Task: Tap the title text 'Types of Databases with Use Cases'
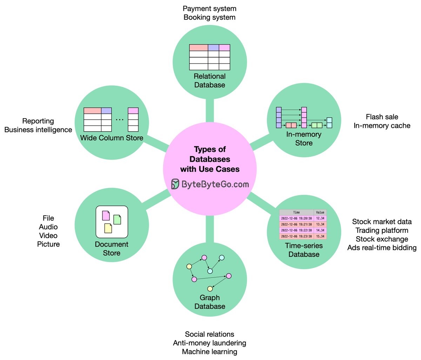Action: point(210,159)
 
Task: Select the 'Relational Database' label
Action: point(210,81)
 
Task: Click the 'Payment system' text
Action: point(209,8)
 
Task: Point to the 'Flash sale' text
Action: point(382,117)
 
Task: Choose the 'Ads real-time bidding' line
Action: point(382,248)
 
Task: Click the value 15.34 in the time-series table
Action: point(320,236)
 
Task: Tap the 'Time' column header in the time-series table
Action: point(296,212)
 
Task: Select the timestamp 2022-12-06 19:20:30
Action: point(296,218)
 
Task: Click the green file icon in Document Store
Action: point(117,220)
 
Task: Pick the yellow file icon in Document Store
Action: point(108,228)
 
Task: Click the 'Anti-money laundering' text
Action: point(209,343)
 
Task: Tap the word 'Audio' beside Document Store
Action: point(48,227)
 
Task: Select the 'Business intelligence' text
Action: point(38,130)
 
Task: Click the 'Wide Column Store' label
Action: point(112,138)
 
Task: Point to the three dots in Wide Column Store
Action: point(120,120)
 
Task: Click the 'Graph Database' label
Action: point(210,302)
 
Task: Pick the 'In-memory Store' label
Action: point(304,139)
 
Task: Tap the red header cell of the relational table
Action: point(199,48)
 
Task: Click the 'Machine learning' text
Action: point(209,352)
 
